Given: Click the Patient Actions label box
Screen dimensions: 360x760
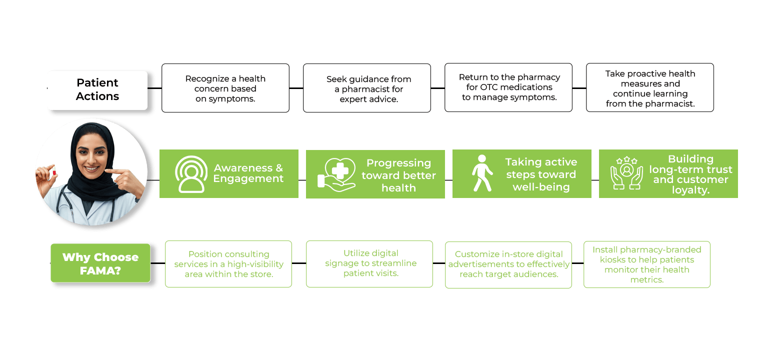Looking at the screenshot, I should click(x=97, y=90).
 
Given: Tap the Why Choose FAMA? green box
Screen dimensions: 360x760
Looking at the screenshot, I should click(x=100, y=263).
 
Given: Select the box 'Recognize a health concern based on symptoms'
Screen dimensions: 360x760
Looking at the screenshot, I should click(x=225, y=88).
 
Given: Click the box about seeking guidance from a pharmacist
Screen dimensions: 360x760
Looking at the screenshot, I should click(x=367, y=88).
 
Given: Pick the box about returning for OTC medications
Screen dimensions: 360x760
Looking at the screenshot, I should click(x=508, y=87).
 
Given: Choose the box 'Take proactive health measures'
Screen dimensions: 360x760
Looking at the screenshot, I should click(x=650, y=87).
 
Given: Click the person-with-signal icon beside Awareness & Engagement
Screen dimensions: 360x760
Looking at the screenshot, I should click(x=191, y=174).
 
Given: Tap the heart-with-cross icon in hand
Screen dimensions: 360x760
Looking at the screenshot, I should click(x=336, y=174).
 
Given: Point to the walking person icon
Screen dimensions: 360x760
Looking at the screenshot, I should click(x=482, y=173).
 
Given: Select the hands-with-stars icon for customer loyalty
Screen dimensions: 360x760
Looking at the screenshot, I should click(x=627, y=173).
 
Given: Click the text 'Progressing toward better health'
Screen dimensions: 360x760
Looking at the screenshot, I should click(x=398, y=175).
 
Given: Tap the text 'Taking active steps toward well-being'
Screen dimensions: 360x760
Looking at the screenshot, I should click(x=541, y=174).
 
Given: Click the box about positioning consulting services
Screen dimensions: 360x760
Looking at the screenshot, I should click(x=228, y=264).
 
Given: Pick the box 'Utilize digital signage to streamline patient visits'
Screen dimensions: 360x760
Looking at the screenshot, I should click(x=369, y=264).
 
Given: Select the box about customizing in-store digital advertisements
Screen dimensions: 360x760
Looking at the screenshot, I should click(x=508, y=264).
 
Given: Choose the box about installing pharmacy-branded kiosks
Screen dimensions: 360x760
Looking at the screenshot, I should click(x=647, y=264).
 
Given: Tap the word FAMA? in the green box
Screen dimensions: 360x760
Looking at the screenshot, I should click(x=100, y=270).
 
